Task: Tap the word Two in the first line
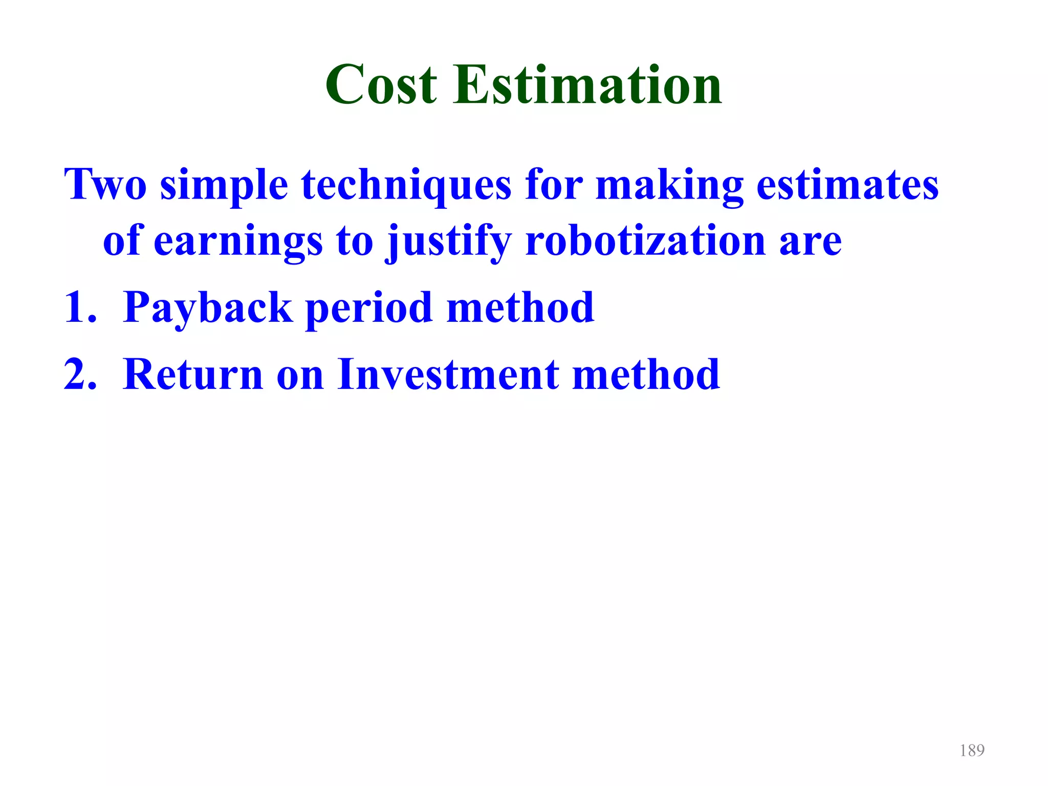pyautogui.click(x=105, y=184)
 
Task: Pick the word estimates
pyautogui.click(x=847, y=184)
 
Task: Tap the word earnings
pyautogui.click(x=238, y=242)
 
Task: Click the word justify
pyautogui.click(x=449, y=242)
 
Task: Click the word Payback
pyautogui.click(x=208, y=308)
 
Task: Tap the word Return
pyautogui.click(x=193, y=375)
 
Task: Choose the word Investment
pyautogui.click(x=448, y=375)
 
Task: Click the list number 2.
pyautogui.click(x=80, y=375)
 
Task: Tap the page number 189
pyautogui.click(x=972, y=750)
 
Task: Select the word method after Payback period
pyautogui.click(x=520, y=307)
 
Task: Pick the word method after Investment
pyautogui.click(x=646, y=375)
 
